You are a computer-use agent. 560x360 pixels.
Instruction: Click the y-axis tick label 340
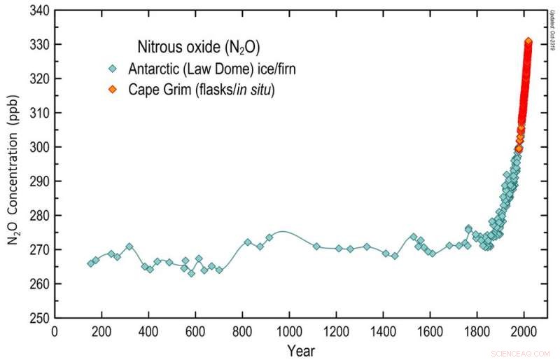pos(38,11)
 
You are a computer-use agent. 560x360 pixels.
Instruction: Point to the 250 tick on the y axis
pos(38,318)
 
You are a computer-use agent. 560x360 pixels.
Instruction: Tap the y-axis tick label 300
pos(38,147)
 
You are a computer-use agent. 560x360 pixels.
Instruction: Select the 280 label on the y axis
pos(38,216)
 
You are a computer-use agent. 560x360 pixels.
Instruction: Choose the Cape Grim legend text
pos(201,90)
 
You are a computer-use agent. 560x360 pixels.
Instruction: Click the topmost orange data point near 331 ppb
pos(528,41)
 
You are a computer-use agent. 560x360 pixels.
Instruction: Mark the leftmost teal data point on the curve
pos(90,263)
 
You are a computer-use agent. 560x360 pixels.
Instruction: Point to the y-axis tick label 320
pos(38,79)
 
